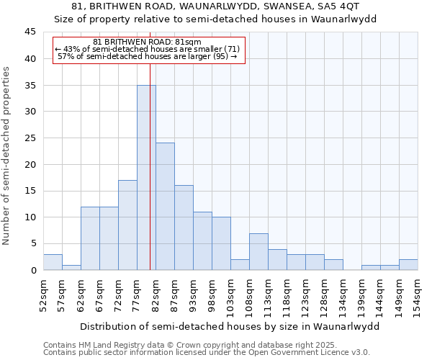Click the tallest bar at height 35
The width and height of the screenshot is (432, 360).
(x=146, y=178)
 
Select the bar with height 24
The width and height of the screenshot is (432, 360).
(x=165, y=207)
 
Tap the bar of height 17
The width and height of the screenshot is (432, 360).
(x=127, y=225)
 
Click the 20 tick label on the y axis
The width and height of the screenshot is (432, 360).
(x=30, y=164)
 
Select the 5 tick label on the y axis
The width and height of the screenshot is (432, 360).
(x=33, y=243)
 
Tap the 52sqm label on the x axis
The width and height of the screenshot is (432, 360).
(x=42, y=294)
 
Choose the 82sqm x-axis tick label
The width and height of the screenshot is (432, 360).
(x=155, y=294)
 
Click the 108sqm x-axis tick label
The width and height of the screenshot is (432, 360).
(x=248, y=296)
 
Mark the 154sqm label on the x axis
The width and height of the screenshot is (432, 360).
(x=417, y=296)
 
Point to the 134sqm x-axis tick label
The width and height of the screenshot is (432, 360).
(x=342, y=296)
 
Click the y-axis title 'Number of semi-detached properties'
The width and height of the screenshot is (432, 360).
(x=7, y=156)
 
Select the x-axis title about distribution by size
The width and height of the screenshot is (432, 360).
(x=229, y=326)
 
